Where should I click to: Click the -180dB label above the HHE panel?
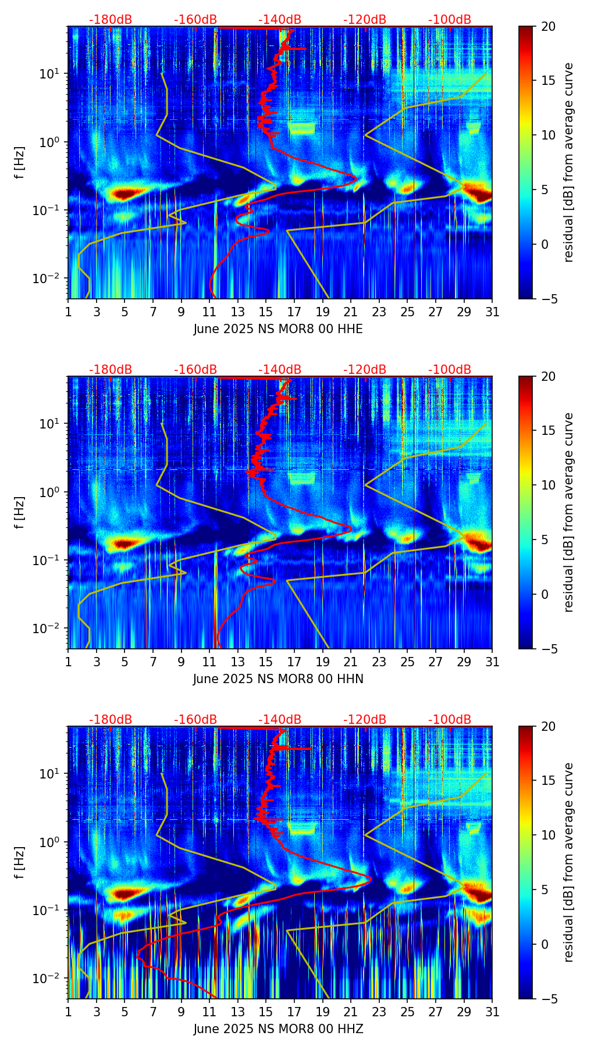tap(111, 20)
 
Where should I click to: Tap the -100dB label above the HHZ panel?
tap(450, 720)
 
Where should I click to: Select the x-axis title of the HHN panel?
tap(278, 678)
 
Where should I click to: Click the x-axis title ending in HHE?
tap(278, 329)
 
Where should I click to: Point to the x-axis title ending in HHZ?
tap(278, 1028)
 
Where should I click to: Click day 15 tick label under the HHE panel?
tap(266, 312)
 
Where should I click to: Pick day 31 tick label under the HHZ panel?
tap(492, 1012)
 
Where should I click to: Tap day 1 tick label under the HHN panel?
tap(69, 662)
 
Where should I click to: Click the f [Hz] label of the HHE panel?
tap(20, 163)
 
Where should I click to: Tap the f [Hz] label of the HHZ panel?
tap(20, 863)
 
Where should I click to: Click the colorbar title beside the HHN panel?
tap(569, 512)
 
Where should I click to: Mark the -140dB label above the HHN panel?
tap(280, 370)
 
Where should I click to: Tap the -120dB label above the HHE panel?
tap(365, 20)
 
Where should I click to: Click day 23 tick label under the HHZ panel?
tap(379, 1012)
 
